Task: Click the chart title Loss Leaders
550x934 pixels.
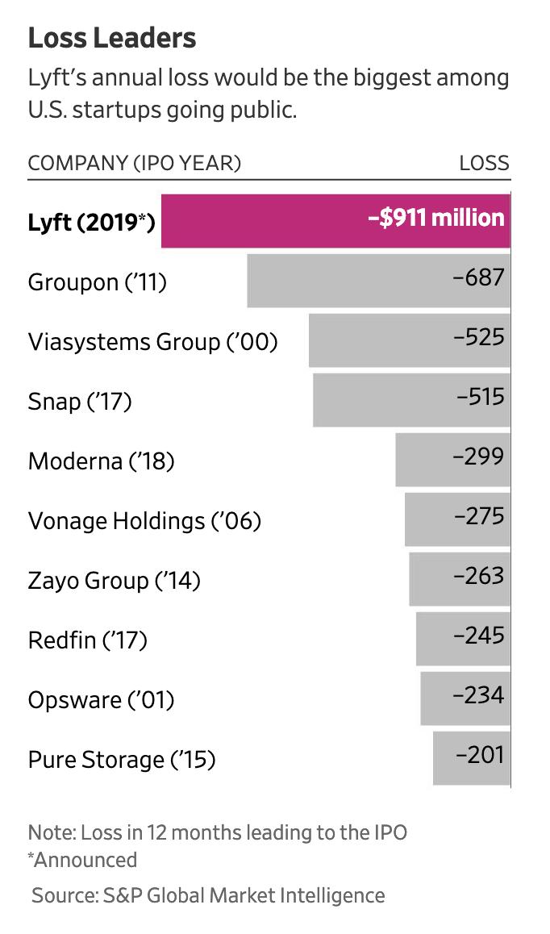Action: (x=112, y=38)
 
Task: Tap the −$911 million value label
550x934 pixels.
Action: (x=436, y=219)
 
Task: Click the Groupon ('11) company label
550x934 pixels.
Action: (x=97, y=282)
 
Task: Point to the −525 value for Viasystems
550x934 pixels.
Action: (x=479, y=336)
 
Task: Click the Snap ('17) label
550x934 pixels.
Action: (x=79, y=402)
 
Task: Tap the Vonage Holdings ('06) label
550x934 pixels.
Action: (x=144, y=521)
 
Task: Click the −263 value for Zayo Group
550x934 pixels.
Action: (x=479, y=575)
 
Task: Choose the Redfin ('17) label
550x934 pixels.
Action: (x=87, y=640)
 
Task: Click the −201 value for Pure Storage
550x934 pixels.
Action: (x=480, y=754)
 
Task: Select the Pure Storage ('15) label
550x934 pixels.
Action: (x=122, y=760)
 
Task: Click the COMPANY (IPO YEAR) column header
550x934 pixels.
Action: (x=135, y=163)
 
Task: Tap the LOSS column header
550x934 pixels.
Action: (x=485, y=163)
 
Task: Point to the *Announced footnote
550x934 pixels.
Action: (x=82, y=860)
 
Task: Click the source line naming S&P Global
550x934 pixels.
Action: (x=208, y=895)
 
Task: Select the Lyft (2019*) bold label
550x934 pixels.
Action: (x=91, y=222)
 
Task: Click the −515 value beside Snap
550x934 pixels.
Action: (x=480, y=396)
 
